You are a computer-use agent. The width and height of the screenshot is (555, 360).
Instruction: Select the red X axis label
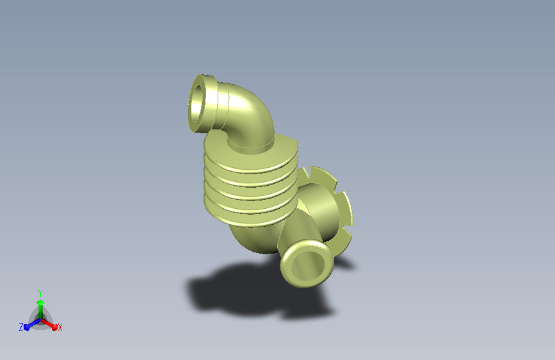pos(60,328)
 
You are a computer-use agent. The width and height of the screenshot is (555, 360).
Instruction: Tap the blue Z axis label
pos(21,327)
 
